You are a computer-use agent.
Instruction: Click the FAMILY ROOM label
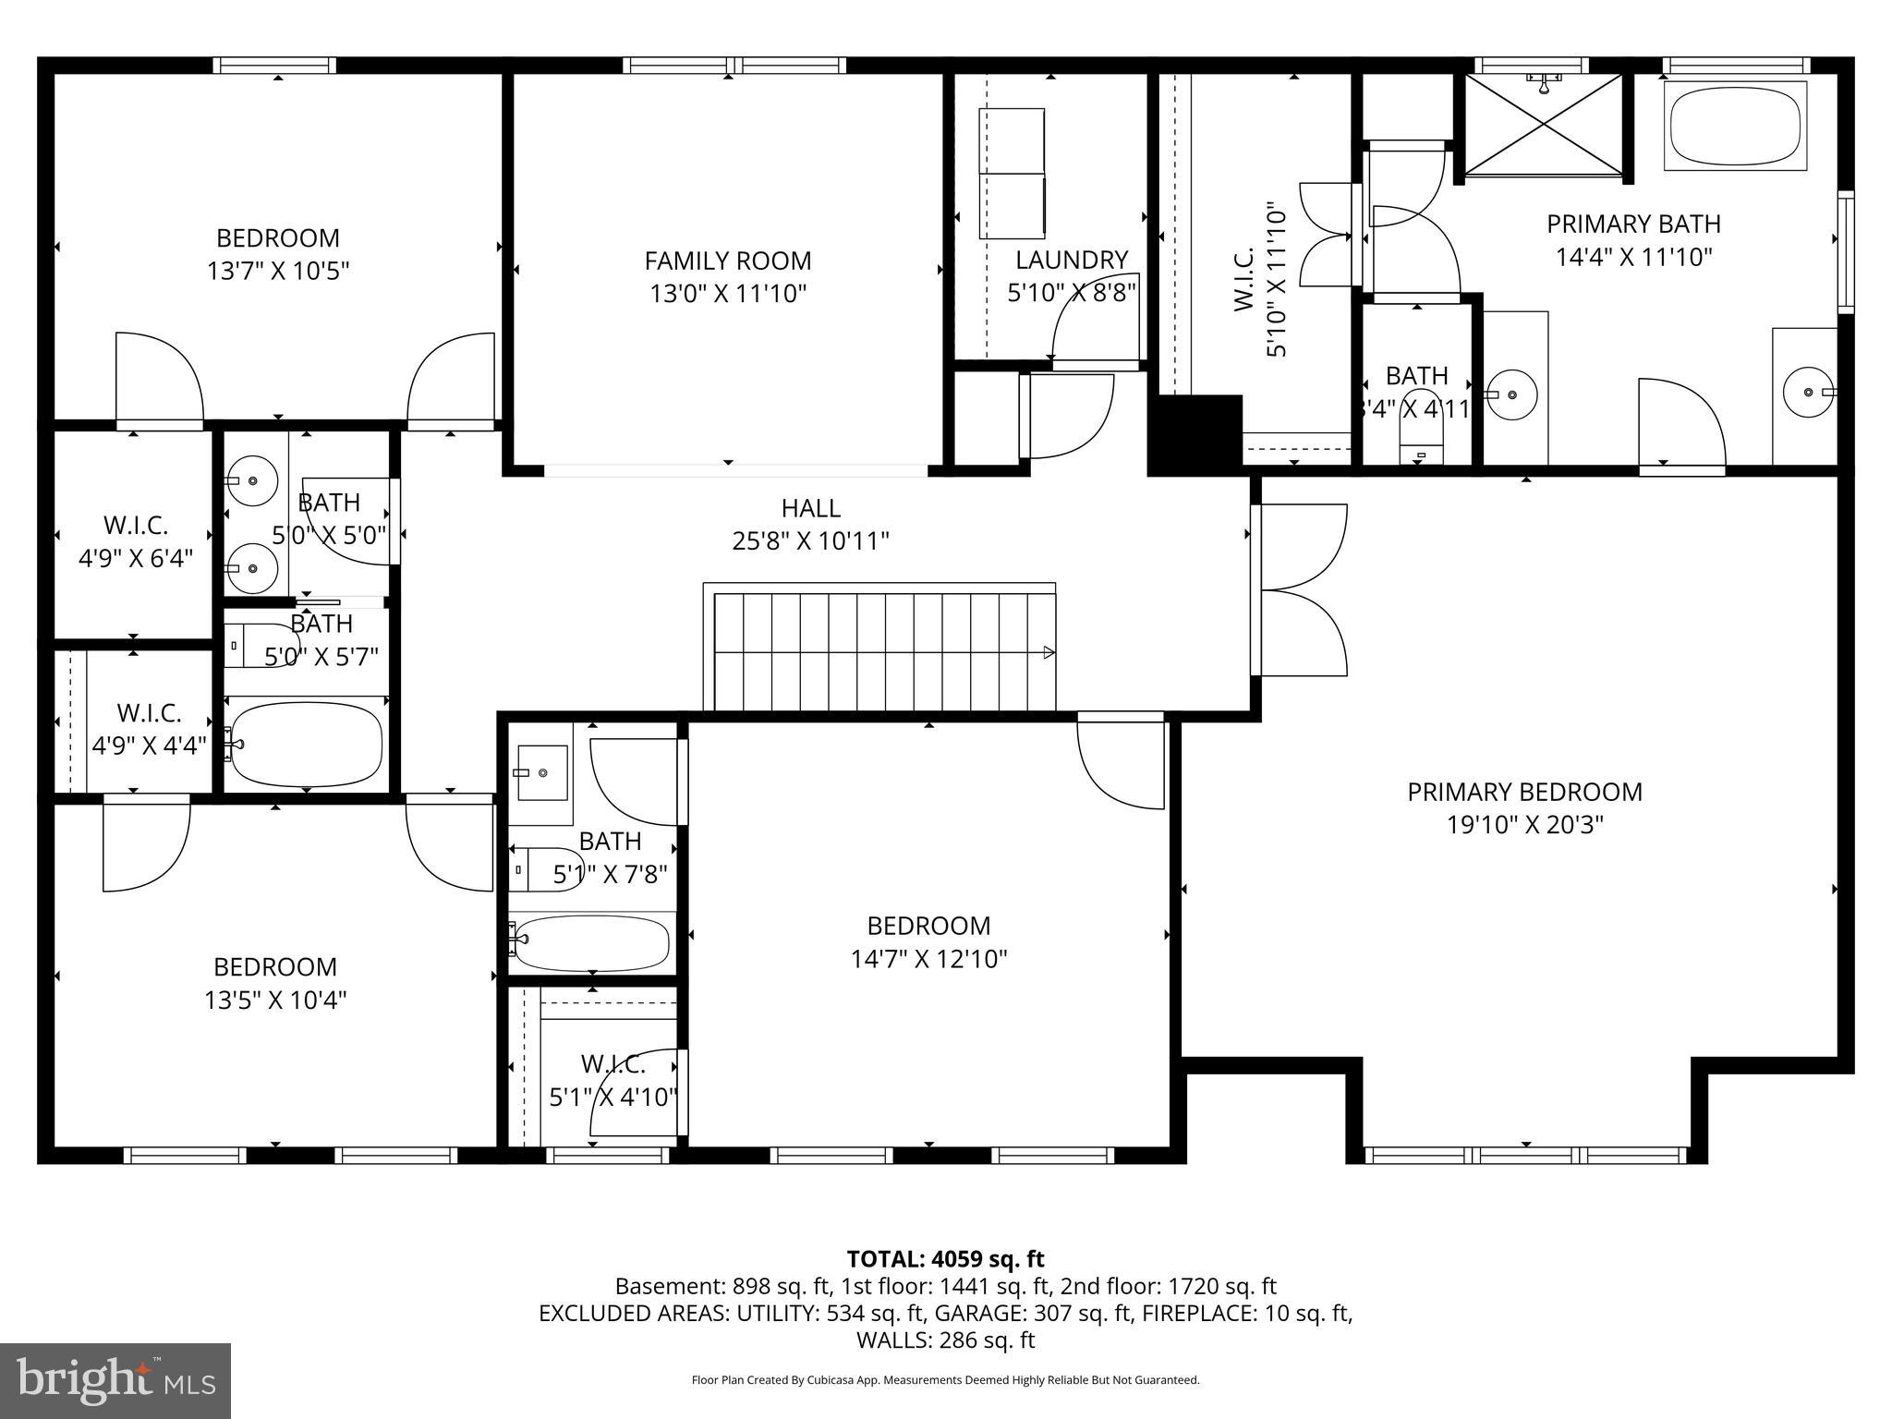click(728, 261)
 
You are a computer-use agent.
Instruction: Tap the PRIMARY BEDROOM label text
click(1524, 792)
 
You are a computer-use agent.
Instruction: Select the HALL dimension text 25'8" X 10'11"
click(810, 541)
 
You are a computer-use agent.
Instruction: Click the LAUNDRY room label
click(1072, 261)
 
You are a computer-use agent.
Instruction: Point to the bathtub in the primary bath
click(1735, 127)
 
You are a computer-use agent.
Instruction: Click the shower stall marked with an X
click(1543, 124)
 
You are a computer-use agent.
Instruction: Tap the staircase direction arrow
click(1049, 652)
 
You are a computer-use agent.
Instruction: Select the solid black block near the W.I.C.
click(1195, 432)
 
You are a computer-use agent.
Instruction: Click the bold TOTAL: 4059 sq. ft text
click(945, 1258)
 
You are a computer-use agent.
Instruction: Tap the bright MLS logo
click(115, 1381)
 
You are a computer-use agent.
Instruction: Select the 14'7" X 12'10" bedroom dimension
click(928, 959)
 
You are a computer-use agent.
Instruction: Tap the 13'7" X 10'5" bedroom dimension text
click(278, 271)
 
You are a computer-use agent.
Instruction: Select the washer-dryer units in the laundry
click(1012, 172)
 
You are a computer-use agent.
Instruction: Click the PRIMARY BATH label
click(1633, 224)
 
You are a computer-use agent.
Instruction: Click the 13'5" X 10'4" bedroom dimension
click(275, 1000)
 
